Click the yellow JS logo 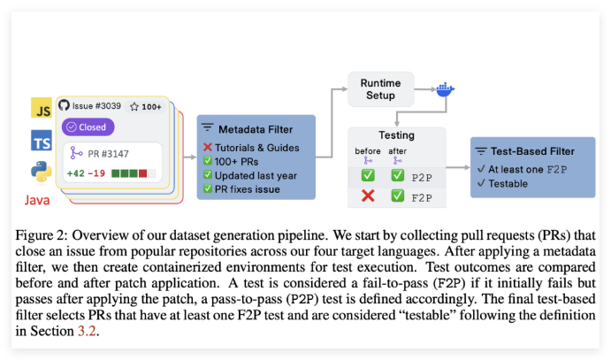(x=41, y=110)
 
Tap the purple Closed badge (x=87, y=126)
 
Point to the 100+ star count (x=146, y=106)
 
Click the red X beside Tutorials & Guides (x=208, y=147)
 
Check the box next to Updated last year (x=208, y=175)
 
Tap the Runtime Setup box (x=382, y=89)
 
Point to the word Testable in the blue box (x=508, y=183)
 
